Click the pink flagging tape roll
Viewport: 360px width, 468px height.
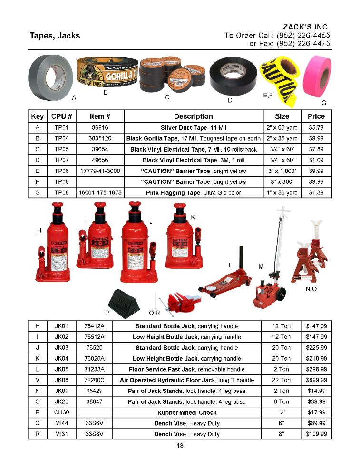317,76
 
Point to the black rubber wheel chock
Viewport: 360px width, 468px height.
122,301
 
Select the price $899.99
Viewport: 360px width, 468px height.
316,380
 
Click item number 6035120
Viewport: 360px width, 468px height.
100,138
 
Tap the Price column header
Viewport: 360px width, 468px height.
316,116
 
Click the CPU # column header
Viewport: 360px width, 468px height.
62,116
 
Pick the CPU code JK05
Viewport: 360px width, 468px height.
62,369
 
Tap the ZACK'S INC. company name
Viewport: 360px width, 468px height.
306,27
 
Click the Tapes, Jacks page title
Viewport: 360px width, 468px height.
55,36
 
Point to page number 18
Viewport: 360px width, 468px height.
180,446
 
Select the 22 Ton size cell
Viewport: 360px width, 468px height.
282,380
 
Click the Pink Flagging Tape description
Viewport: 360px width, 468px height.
194,193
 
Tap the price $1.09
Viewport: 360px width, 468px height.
316,160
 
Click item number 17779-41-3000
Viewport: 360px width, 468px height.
100,171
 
